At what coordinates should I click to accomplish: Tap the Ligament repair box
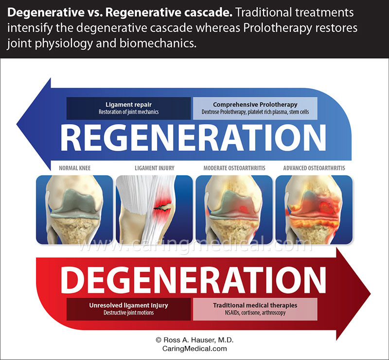coord(128,108)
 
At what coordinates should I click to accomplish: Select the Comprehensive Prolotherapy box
coord(255,108)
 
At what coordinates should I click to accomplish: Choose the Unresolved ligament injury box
coord(128,309)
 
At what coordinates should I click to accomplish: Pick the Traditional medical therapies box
coord(255,309)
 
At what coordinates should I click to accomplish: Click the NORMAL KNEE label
coord(74,168)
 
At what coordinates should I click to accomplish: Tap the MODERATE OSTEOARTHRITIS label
coord(234,168)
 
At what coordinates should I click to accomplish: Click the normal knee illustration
coord(74,209)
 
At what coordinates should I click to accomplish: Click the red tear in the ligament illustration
coord(163,207)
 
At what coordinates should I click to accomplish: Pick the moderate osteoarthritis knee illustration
coord(234,209)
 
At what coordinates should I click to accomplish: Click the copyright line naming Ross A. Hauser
coord(194,341)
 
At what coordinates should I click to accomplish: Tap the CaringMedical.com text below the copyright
coord(194,349)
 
